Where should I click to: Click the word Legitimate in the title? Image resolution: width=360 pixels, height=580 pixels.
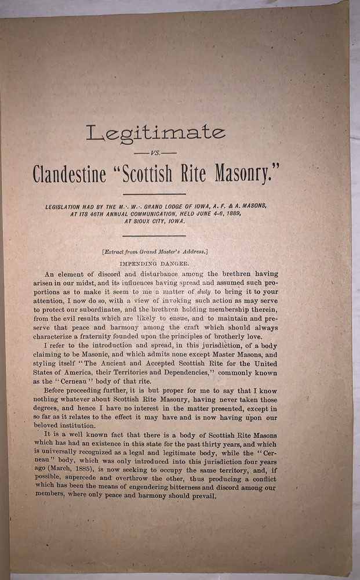[155, 133]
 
